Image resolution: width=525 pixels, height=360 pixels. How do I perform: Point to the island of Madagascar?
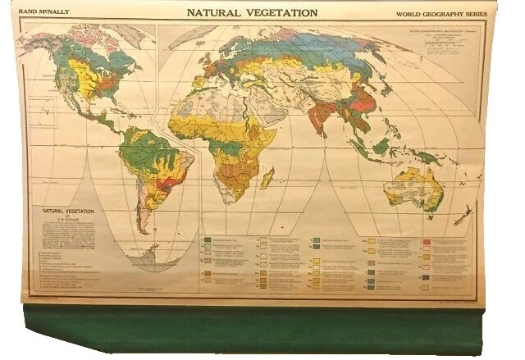pyautogui.click(x=267, y=177)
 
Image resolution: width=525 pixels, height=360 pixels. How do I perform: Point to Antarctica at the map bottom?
pyautogui.click(x=152, y=260)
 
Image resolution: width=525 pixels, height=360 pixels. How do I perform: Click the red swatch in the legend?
pyautogui.click(x=427, y=243)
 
